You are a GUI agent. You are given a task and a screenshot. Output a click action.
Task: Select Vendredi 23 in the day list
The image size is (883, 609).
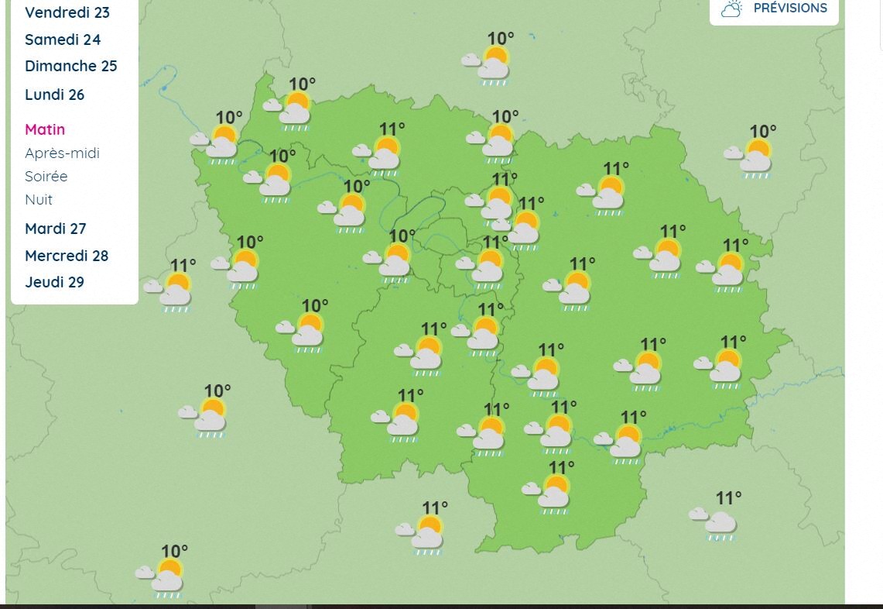[67, 12]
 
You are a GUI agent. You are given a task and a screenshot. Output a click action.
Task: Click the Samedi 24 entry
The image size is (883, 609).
[63, 40]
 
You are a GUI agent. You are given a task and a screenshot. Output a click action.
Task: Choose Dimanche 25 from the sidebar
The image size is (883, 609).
[70, 66]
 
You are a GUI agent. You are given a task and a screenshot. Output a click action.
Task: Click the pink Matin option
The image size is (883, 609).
[45, 129]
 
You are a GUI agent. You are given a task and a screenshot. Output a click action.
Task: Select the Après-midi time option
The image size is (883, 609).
[62, 153]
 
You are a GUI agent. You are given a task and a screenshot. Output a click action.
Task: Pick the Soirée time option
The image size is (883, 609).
[46, 176]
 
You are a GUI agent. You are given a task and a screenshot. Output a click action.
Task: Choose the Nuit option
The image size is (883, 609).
[39, 199]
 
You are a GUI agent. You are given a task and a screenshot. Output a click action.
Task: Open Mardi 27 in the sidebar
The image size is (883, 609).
[55, 229]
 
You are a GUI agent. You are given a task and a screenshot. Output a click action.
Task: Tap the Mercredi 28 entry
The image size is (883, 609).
[67, 256]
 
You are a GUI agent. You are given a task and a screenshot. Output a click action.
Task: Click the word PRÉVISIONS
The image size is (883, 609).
[790, 8]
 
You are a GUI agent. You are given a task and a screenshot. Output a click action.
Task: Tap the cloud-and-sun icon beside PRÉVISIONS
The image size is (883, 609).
[731, 9]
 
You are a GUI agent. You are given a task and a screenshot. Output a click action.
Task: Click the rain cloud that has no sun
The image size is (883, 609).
[717, 523]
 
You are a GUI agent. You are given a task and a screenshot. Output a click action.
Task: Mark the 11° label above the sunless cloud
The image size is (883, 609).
[728, 497]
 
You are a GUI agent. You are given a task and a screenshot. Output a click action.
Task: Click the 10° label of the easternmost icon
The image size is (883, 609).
[762, 132]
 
